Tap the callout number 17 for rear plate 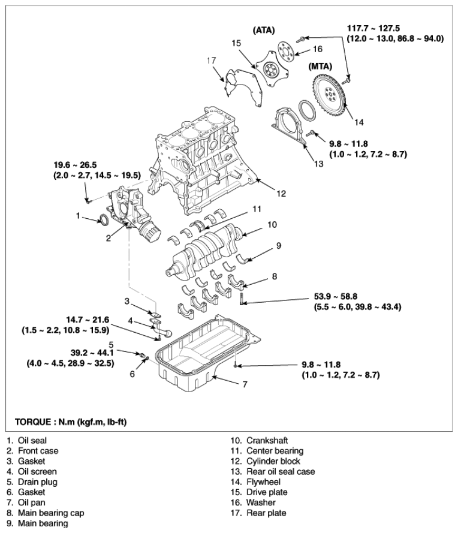point(210,60)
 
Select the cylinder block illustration point(198,162)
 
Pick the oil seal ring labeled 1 point(104,220)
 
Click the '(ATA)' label point(265,29)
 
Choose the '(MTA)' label point(320,65)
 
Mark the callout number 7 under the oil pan point(245,384)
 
